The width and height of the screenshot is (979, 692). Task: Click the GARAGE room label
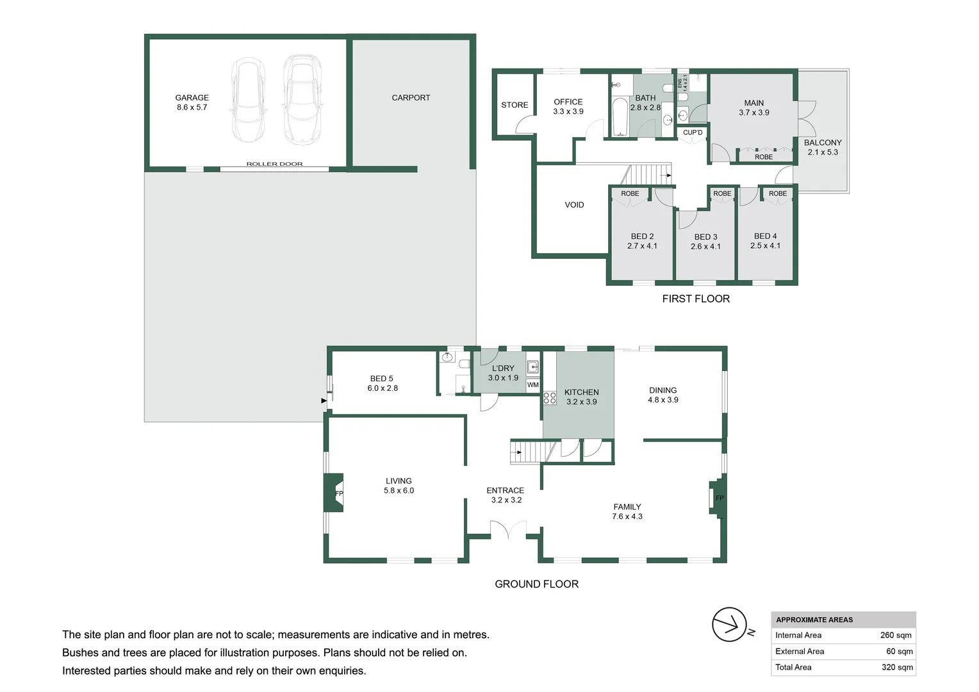(x=192, y=97)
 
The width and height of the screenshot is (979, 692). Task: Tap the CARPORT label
(x=411, y=97)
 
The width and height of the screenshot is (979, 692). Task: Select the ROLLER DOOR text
(x=274, y=164)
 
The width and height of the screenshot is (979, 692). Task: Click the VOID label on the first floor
(x=574, y=204)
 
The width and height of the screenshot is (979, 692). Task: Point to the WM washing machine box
(x=533, y=384)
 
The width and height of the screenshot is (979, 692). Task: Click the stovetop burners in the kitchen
(x=550, y=398)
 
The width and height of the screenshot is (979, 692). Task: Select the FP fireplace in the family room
(x=717, y=498)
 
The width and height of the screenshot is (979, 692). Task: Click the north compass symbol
(x=729, y=625)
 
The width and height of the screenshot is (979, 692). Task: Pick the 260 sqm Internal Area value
(x=896, y=635)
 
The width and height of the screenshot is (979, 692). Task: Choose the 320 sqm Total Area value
(x=897, y=667)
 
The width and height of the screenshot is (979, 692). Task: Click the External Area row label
(x=800, y=652)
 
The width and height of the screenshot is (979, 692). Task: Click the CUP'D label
(x=693, y=133)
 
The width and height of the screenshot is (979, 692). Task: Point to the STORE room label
(x=514, y=105)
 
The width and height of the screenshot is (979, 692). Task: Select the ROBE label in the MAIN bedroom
(x=764, y=157)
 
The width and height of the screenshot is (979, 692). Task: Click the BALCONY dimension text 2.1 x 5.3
(x=823, y=152)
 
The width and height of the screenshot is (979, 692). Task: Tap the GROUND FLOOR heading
(x=536, y=584)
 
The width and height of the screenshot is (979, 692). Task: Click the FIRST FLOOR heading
(x=696, y=299)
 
